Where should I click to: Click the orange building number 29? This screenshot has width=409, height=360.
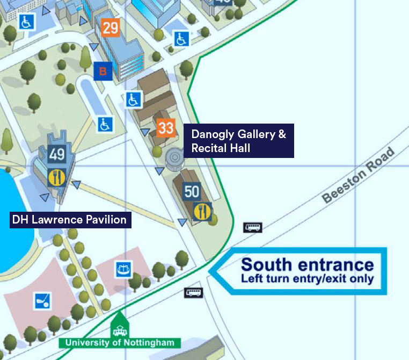[x=110, y=27]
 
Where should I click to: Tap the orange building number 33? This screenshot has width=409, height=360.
[x=166, y=128]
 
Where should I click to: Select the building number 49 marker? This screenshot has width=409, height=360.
[x=57, y=155]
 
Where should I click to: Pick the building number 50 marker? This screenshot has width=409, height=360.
[x=192, y=191]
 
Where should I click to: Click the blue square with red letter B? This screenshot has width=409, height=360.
[x=103, y=71]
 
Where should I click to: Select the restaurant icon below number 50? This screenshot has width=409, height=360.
[x=202, y=211]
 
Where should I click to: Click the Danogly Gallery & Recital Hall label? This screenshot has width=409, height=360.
[x=238, y=141]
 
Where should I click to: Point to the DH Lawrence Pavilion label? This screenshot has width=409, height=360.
[x=69, y=219]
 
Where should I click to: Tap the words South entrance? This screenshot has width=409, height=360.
[x=307, y=264]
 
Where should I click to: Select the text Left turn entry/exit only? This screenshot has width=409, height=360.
[x=307, y=279]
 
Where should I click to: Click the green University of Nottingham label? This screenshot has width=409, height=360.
[x=120, y=343]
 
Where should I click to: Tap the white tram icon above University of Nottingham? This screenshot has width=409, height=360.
[x=119, y=329]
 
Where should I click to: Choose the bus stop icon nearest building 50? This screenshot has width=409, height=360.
[x=252, y=227]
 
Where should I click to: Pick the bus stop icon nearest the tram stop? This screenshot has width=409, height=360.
[x=193, y=293]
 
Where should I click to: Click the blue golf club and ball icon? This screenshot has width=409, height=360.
[x=42, y=301]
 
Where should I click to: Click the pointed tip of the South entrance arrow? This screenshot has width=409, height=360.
[x=209, y=271]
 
